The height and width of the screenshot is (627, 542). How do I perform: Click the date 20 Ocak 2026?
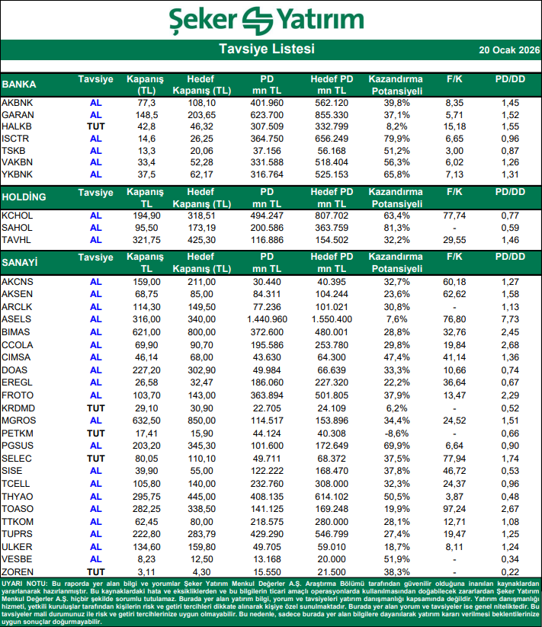pyautogui.click(x=508, y=50)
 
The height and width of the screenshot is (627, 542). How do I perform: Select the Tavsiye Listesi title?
pyautogui.click(x=266, y=50)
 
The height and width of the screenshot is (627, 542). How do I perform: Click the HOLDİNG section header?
pyautogui.click(x=24, y=197)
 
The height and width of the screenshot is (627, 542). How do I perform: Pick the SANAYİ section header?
pyautogui.click(x=21, y=263)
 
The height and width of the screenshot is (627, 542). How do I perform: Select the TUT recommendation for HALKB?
pyautogui.click(x=95, y=126)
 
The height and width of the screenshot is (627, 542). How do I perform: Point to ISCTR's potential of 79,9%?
pyautogui.click(x=395, y=139)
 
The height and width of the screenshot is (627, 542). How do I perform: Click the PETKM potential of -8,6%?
pyautogui.click(x=395, y=433)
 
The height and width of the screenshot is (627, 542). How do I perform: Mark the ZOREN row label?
pyautogui.click(x=17, y=571)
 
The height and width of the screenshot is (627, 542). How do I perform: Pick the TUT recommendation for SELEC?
pyautogui.click(x=95, y=459)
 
